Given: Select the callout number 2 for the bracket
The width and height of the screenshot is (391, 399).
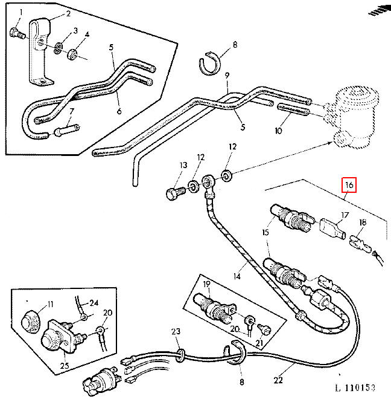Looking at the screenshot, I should (68, 13).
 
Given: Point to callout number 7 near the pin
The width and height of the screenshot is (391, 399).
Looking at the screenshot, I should (71, 111).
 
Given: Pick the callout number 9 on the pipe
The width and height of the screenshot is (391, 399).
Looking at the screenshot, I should (228, 76).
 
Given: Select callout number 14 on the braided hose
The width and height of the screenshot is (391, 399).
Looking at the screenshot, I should (237, 276).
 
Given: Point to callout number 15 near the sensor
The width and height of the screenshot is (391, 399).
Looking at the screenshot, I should (265, 232).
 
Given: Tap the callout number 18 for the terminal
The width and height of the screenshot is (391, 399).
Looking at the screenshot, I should (363, 222).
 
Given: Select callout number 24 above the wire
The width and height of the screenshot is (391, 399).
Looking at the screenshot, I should (94, 302).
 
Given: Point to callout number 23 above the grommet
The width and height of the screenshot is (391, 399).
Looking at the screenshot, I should (176, 331).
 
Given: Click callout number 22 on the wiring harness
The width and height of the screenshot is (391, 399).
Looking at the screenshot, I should (278, 380).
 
